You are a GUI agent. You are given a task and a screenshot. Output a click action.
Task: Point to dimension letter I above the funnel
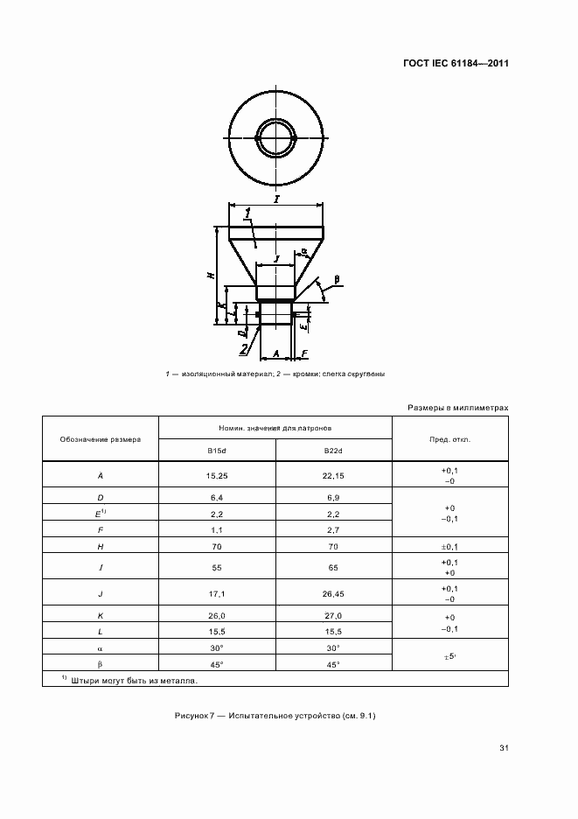[x=276, y=199]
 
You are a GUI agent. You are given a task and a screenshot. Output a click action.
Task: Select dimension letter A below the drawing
[x=276, y=353]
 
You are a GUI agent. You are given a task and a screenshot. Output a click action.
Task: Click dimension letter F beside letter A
[x=303, y=353]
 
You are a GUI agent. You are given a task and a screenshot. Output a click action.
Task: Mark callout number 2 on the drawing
[x=244, y=349]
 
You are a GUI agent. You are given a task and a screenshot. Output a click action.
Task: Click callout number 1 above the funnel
[x=248, y=213]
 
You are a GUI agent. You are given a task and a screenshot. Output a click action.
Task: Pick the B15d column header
[x=216, y=451]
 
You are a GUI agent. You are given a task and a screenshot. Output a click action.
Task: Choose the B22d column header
[x=333, y=451]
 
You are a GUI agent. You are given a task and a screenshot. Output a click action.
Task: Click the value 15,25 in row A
[x=216, y=475]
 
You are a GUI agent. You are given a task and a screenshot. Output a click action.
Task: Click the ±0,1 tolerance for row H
[x=450, y=546]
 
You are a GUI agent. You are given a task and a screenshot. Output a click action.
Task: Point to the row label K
[x=101, y=616]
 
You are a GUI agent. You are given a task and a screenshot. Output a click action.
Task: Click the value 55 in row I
[x=216, y=567]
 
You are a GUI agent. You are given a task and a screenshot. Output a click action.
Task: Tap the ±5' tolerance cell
[x=450, y=655]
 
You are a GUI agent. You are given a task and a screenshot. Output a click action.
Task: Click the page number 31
[x=503, y=748]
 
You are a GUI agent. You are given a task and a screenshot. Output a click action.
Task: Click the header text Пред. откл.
[x=450, y=439]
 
